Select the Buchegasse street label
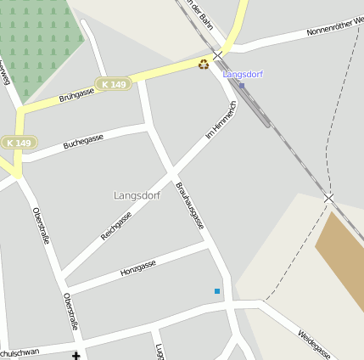(83, 142)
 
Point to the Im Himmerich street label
(221, 121)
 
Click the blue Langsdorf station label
(243, 75)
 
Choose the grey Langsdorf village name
(137, 195)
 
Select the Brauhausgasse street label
(189, 205)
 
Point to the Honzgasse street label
(138, 269)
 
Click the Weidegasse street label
(314, 344)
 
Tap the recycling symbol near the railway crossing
(204, 65)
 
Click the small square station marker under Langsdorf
(242, 85)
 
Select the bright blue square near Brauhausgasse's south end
(217, 291)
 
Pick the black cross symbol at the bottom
(76, 355)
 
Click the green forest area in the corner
(42, 42)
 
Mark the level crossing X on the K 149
(218, 55)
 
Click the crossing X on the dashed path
(328, 198)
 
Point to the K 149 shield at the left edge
(19, 143)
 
